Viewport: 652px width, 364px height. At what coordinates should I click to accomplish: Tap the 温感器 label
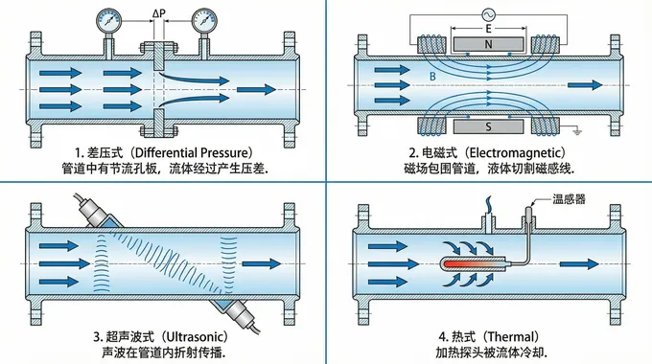point(570,199)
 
